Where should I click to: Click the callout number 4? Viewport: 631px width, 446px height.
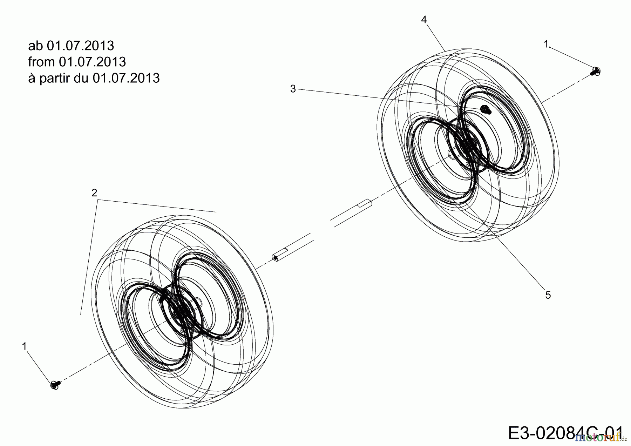(x=424, y=20)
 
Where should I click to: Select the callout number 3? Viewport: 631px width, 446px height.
(x=293, y=89)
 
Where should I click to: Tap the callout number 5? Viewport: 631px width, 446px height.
(x=548, y=295)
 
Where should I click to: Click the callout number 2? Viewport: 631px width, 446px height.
(x=94, y=193)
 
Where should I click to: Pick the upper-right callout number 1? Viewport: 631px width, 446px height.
(x=546, y=44)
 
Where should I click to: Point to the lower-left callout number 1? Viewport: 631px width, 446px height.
(x=24, y=346)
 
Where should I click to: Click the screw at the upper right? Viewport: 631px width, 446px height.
(x=595, y=71)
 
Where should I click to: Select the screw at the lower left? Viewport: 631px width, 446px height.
(x=55, y=384)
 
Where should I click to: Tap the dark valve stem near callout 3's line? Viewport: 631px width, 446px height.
(x=486, y=109)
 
